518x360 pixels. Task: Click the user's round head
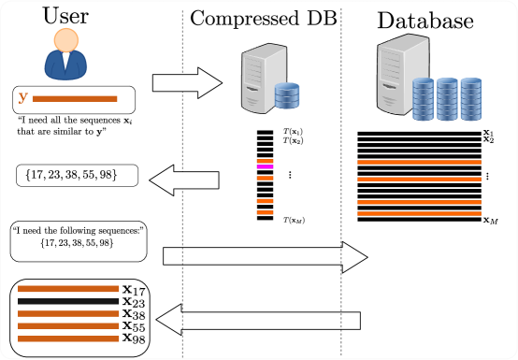pyautogui.click(x=66, y=39)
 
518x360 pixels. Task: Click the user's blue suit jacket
pyautogui.click(x=65, y=66)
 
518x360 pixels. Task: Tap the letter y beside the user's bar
pyautogui.click(x=22, y=98)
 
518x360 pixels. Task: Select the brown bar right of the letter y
pyautogui.click(x=75, y=98)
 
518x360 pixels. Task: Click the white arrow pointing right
pyautogui.click(x=186, y=83)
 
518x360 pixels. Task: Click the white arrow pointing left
pyautogui.click(x=184, y=180)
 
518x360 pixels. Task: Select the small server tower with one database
pyautogui.click(x=262, y=79)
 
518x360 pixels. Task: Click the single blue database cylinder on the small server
pyautogui.click(x=287, y=95)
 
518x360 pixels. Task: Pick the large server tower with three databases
pyautogui.click(x=401, y=74)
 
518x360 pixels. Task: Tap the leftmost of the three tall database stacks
pyautogui.click(x=424, y=99)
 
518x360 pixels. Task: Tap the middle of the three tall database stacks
pyautogui.click(x=447, y=99)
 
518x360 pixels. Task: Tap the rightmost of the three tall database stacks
pyautogui.click(x=470, y=99)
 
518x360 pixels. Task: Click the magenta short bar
pyautogui.click(x=265, y=166)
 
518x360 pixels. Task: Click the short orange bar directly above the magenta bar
pyautogui.click(x=265, y=161)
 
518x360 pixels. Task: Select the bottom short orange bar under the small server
pyautogui.click(x=265, y=213)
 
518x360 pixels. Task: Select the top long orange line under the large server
pyautogui.click(x=419, y=162)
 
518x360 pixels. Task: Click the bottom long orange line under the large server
pyautogui.click(x=419, y=213)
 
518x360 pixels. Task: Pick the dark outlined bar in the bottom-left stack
pyautogui.click(x=68, y=301)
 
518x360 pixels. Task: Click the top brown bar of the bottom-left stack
pyautogui.click(x=68, y=288)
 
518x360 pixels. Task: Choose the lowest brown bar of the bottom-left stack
pyautogui.click(x=68, y=338)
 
